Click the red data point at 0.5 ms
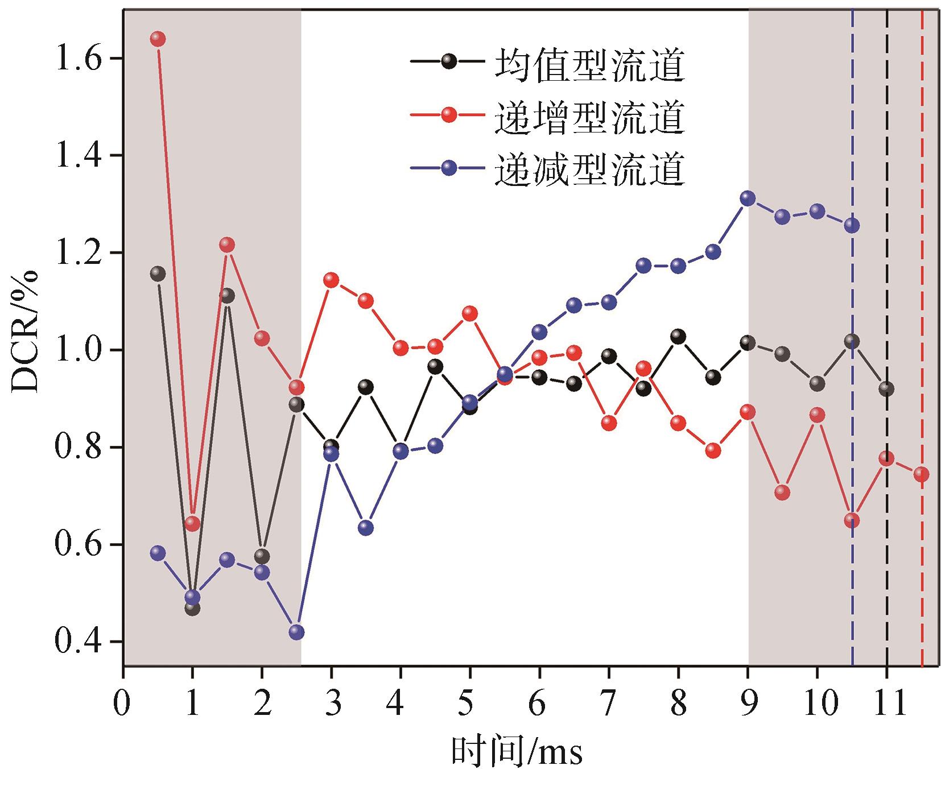point(158,39)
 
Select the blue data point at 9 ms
point(748,198)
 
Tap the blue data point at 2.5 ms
point(296,632)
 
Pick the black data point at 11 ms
point(886,389)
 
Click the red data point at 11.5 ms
point(922,474)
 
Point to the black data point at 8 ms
point(678,336)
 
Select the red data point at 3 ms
point(331,280)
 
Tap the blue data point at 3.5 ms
point(366,528)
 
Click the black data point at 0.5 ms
point(158,274)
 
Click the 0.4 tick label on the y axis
point(78,642)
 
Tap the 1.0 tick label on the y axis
point(78,350)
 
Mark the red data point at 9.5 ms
point(782,492)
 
